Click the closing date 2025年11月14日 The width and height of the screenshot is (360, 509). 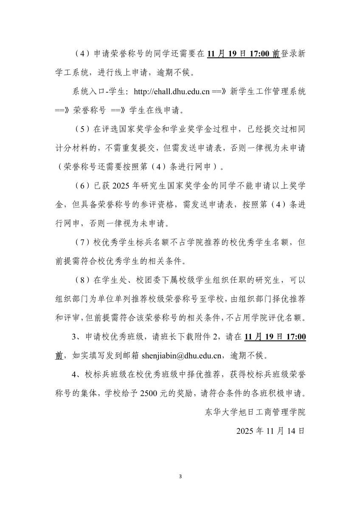[270, 430]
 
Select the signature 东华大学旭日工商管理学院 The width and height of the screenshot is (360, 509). [255, 412]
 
